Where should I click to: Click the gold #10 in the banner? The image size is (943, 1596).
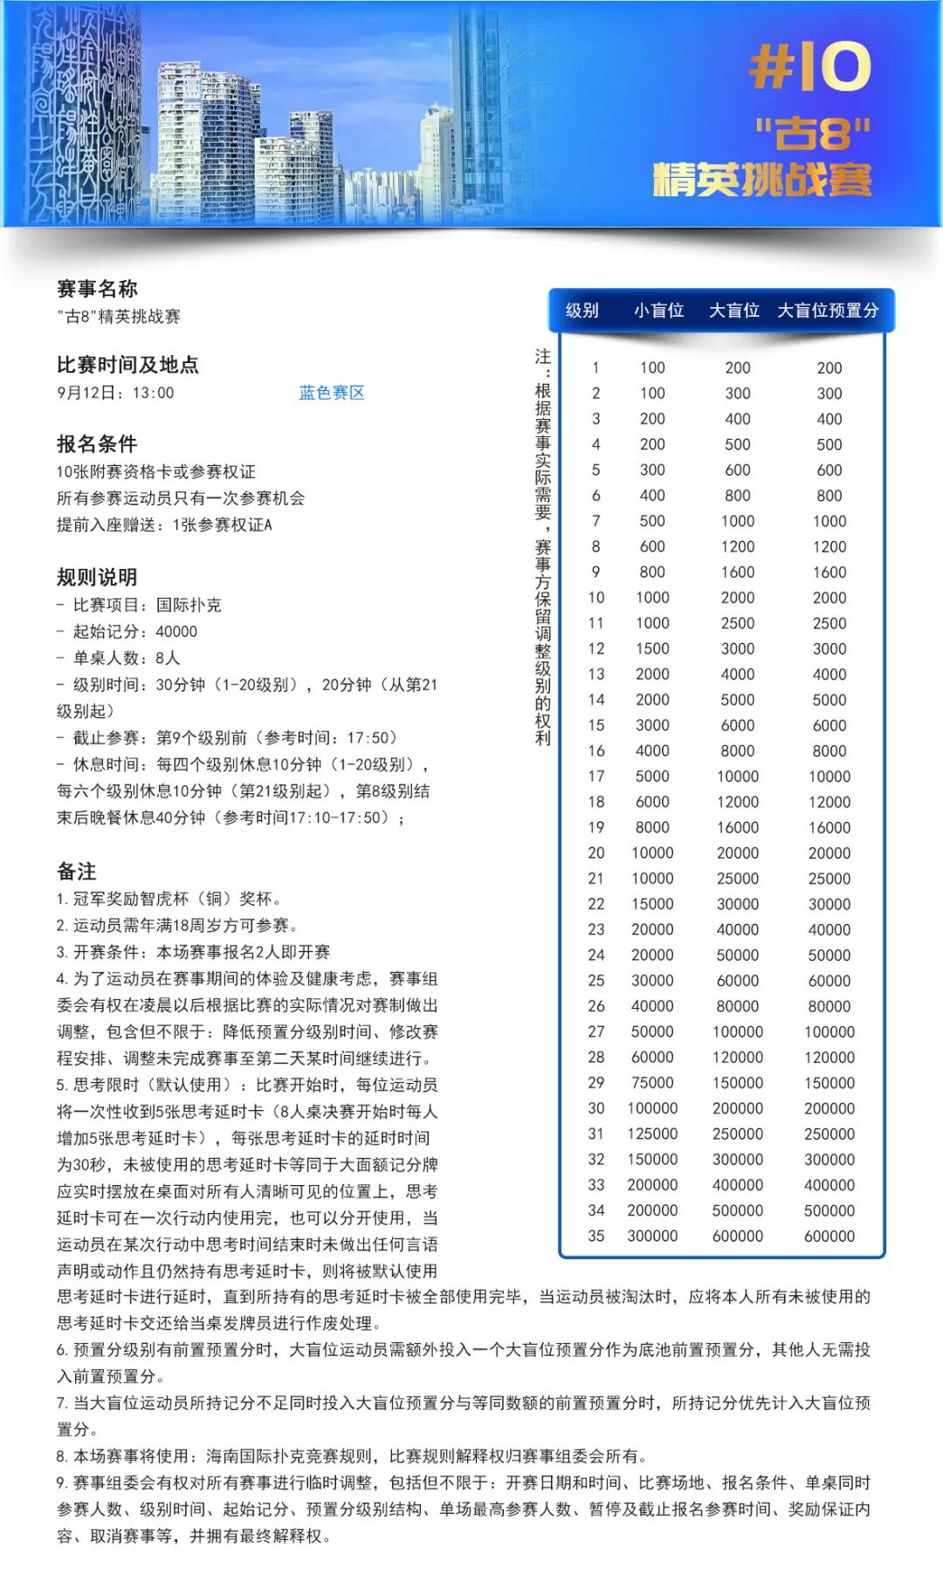(809, 67)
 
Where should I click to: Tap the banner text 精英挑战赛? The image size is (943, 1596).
(761, 180)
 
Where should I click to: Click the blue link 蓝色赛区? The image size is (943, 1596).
(331, 393)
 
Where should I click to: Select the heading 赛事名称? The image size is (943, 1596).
(97, 289)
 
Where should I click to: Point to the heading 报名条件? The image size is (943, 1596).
(97, 443)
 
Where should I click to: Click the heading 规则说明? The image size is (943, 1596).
(97, 577)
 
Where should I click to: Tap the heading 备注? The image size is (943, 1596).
(77, 871)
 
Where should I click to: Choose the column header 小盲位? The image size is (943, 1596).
(658, 311)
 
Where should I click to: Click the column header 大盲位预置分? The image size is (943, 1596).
(827, 311)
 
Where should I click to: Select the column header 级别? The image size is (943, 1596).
(582, 311)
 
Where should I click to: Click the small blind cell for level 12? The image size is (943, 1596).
(652, 648)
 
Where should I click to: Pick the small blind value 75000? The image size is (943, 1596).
(652, 1082)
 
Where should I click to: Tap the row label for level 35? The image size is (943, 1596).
(596, 1236)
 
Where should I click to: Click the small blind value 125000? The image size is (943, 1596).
(652, 1134)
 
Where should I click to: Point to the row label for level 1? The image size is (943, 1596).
(596, 367)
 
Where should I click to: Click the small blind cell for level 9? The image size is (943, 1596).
(652, 572)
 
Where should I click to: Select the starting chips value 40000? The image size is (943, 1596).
(176, 631)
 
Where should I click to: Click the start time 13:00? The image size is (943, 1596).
(154, 393)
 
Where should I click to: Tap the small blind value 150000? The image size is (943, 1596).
(652, 1159)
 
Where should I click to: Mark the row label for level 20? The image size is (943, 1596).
(596, 853)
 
